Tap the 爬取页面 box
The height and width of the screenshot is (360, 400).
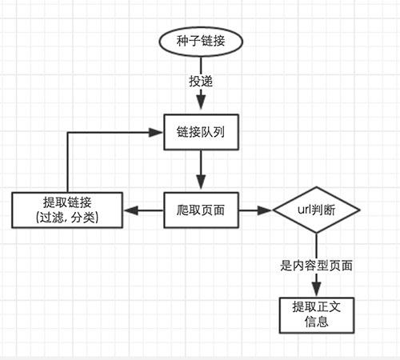pyautogui.click(x=199, y=211)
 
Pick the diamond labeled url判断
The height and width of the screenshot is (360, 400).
pyautogui.click(x=317, y=212)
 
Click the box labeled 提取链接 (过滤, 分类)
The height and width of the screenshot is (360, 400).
pyautogui.click(x=68, y=209)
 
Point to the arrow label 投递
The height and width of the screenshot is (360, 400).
pyautogui.click(x=200, y=82)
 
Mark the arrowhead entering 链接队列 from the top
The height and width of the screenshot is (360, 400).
pyautogui.click(x=199, y=106)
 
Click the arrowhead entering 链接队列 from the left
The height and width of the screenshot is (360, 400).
pyautogui.click(x=157, y=130)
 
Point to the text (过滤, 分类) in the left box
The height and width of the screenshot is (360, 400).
pyautogui.click(x=68, y=218)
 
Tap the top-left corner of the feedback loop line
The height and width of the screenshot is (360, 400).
pyautogui.click(x=68, y=130)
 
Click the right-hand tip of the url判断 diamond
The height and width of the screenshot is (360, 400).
pyautogui.click(x=359, y=212)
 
